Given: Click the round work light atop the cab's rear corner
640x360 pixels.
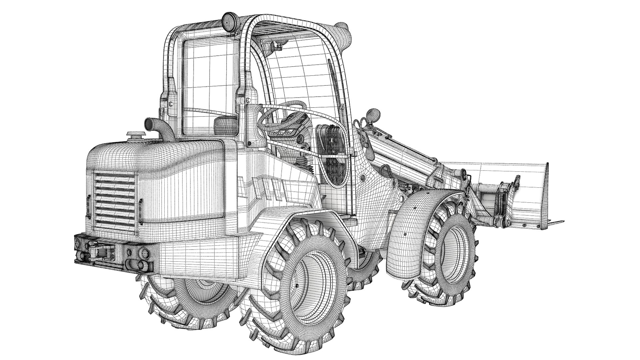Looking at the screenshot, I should (228, 21).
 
